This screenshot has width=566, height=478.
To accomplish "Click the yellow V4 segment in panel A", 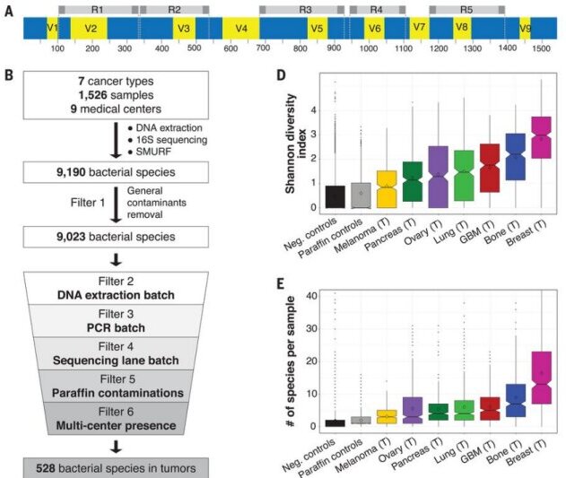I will (x=241, y=28).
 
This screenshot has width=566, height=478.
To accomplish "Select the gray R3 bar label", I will (x=305, y=8).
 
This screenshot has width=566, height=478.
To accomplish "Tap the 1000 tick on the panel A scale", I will (x=369, y=51).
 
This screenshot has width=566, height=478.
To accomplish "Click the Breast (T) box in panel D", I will (x=540, y=137).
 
